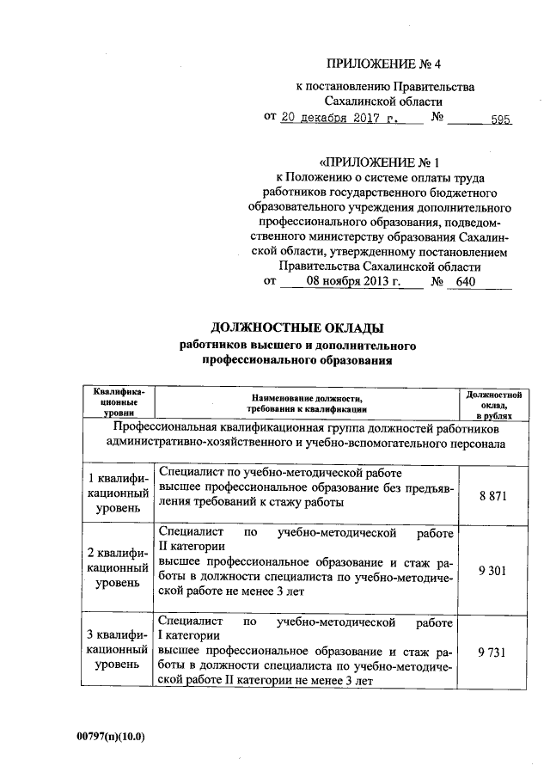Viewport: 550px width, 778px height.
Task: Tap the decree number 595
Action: pos(500,119)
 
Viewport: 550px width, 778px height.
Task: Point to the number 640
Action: pos(466,281)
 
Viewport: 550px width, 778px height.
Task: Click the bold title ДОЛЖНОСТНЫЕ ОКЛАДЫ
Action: pos(296,328)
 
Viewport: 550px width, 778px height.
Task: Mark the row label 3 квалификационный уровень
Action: pos(118,651)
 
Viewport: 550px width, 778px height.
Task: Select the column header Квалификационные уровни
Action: pos(118,403)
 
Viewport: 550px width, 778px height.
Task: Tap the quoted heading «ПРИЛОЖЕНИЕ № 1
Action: pos(379,161)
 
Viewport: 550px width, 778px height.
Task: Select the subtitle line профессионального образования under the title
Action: pos(296,361)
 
